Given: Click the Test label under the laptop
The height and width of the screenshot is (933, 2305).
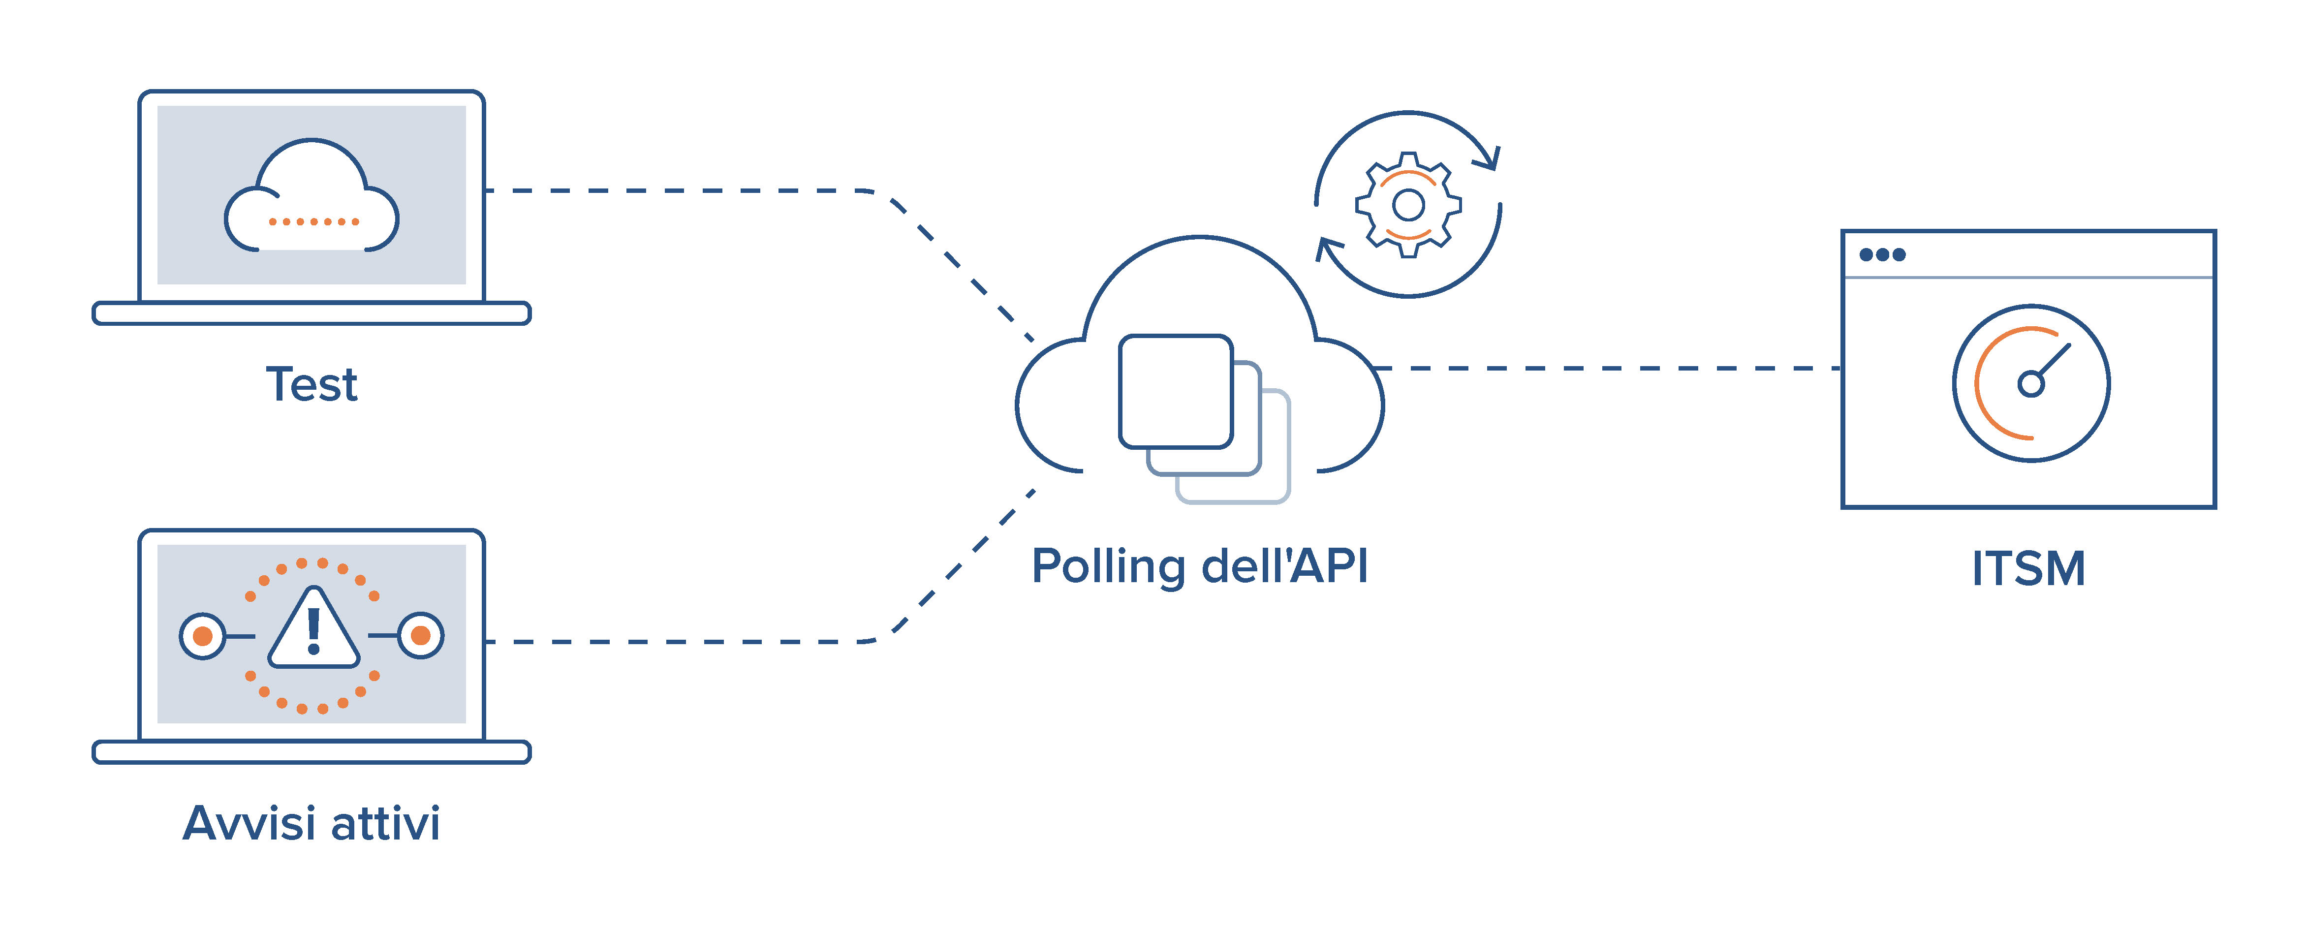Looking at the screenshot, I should [x=311, y=385].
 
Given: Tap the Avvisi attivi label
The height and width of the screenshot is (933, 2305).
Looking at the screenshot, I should [x=311, y=823].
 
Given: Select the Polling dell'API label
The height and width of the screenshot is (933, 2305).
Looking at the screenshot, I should [x=1199, y=566].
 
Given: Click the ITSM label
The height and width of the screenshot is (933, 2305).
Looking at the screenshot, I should [x=2028, y=569].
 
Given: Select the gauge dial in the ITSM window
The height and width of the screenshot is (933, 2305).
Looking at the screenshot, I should [x=2030, y=383].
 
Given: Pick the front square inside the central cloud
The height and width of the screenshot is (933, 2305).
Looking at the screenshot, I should [x=1176, y=391].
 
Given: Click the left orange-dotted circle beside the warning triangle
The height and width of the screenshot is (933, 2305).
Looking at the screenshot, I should [x=202, y=636].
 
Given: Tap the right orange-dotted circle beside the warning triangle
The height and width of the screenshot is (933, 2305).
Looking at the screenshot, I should [x=421, y=636].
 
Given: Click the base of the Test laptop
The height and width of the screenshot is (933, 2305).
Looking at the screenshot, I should [x=311, y=313].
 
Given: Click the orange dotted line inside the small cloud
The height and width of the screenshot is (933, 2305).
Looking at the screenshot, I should [x=313, y=221].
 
